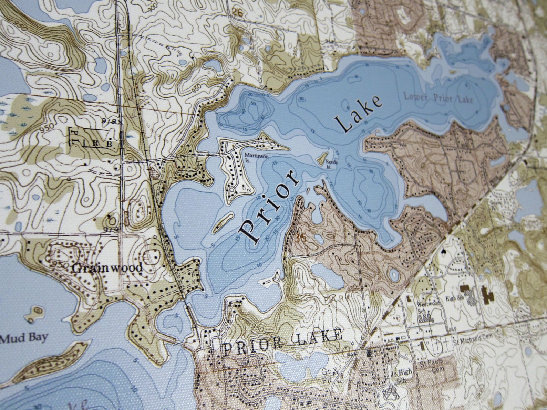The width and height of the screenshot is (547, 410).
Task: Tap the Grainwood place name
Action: click(x=107, y=268)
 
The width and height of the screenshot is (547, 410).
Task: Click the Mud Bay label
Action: click(x=23, y=338)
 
